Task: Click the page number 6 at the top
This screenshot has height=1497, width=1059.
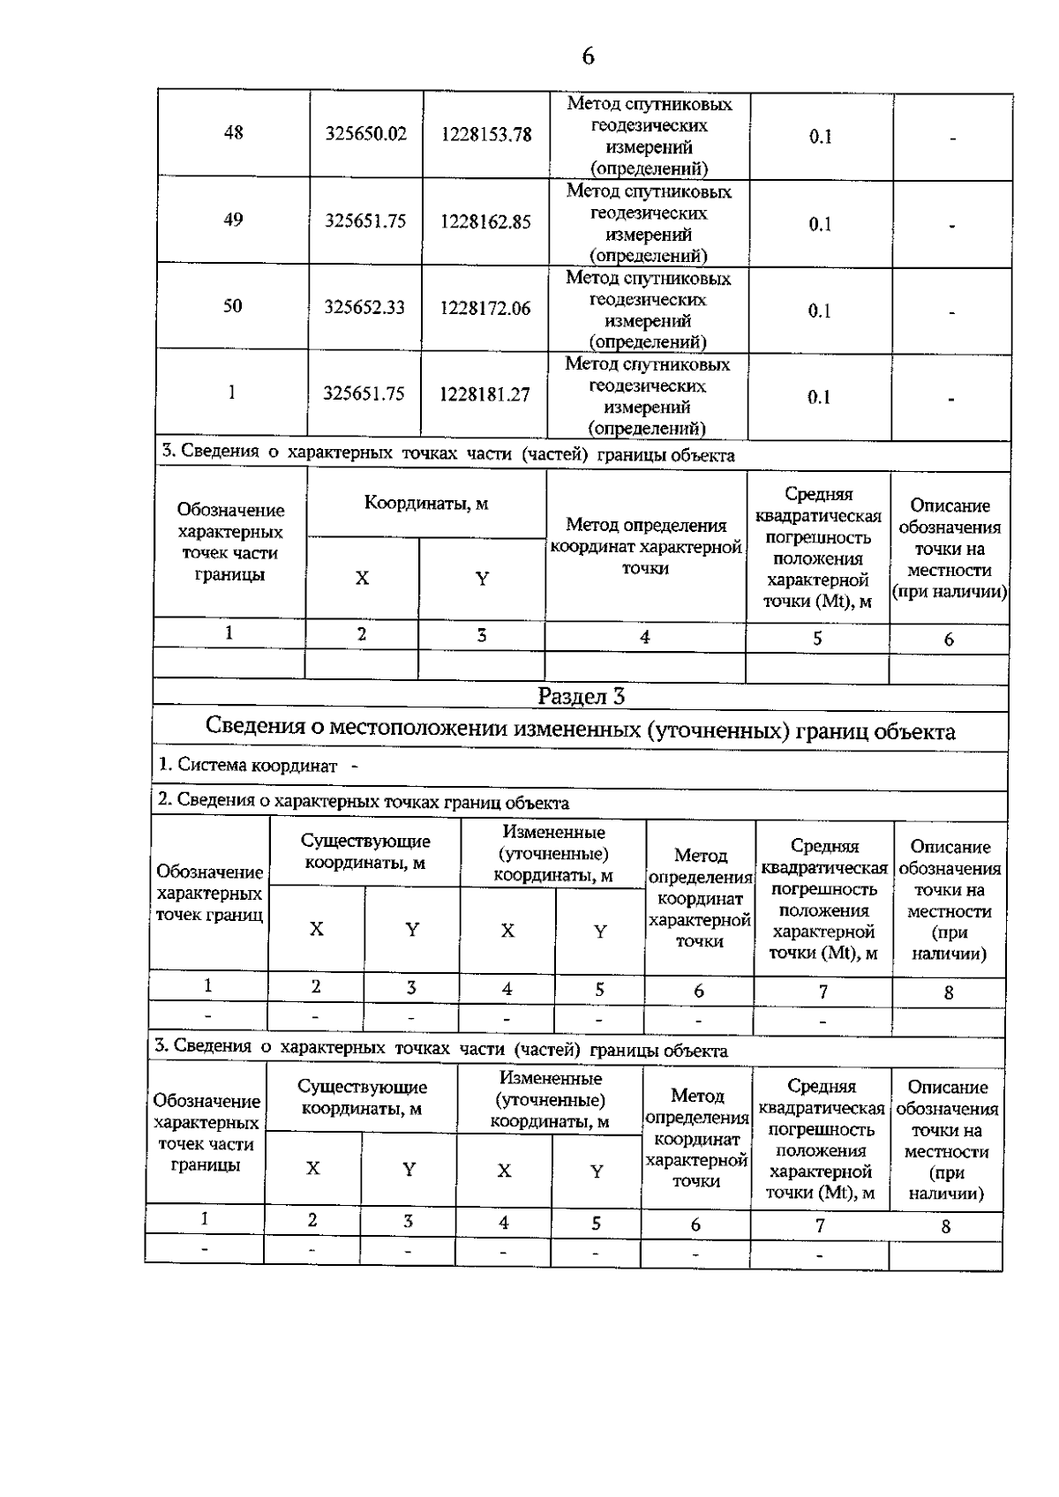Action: (588, 56)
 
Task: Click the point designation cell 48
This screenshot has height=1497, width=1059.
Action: (234, 133)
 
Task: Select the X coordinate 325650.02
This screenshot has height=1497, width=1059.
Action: (366, 134)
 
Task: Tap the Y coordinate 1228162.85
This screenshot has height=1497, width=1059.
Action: (486, 221)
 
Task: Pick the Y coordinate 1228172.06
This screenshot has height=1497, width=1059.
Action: (486, 309)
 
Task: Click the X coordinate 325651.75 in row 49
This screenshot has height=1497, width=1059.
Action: (365, 221)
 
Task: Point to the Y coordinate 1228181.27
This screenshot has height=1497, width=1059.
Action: (485, 395)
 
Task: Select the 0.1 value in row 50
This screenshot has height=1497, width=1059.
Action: (820, 311)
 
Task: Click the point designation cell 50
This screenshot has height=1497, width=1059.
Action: (233, 307)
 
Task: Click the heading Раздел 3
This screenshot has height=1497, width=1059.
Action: (582, 696)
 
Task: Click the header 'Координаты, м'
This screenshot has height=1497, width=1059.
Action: (426, 504)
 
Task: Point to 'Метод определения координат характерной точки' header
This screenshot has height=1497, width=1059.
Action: (645, 546)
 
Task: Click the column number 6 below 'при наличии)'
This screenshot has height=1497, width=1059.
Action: (949, 640)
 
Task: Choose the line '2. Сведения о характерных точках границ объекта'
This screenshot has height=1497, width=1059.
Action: (363, 802)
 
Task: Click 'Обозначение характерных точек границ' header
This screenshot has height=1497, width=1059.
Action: (209, 893)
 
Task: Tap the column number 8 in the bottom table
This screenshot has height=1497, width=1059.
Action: (946, 1226)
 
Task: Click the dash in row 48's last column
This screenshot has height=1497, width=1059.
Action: (953, 138)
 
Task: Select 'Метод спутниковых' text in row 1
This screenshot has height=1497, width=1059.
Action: (648, 364)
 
